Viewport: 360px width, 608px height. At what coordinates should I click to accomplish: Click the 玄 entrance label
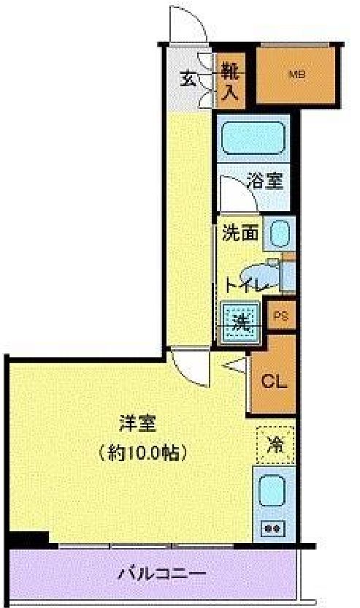188,79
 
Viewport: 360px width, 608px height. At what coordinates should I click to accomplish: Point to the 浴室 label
264,180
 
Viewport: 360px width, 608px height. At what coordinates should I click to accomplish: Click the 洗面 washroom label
240,234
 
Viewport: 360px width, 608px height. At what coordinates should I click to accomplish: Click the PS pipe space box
281,316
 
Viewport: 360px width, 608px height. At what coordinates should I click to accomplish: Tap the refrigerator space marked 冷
276,444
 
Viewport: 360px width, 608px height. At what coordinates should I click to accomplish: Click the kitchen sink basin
273,491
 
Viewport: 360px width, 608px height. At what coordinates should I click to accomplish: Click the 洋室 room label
137,423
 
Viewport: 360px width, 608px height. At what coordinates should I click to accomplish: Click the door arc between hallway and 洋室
188,371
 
